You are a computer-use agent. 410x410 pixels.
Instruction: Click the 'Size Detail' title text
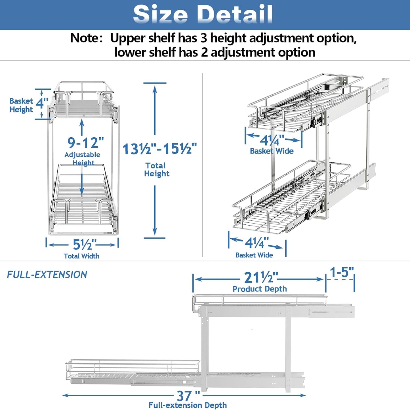click(x=203, y=14)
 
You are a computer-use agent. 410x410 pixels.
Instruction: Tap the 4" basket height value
click(x=42, y=103)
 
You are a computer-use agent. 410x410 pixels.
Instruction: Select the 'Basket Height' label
click(x=21, y=105)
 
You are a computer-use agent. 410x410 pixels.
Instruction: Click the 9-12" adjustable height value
click(x=85, y=142)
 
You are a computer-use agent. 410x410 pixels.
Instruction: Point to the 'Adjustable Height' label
click(x=82, y=159)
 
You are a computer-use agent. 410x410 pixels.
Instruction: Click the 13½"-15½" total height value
click(x=159, y=149)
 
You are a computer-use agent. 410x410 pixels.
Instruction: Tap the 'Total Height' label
click(x=156, y=169)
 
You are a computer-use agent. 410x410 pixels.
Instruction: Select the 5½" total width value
click(x=84, y=245)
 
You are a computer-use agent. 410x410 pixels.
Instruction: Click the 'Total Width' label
click(x=81, y=256)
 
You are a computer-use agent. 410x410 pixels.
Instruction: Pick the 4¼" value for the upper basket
click(x=272, y=140)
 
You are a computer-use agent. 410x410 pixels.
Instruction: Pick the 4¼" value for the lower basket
click(x=256, y=243)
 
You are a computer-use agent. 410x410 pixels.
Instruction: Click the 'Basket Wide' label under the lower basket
click(x=254, y=255)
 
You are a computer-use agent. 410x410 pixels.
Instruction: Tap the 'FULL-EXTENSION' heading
click(x=47, y=275)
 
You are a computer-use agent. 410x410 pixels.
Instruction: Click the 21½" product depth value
click(x=261, y=277)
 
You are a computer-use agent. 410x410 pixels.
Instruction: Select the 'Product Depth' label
click(x=260, y=289)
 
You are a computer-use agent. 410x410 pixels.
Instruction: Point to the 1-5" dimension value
click(x=342, y=272)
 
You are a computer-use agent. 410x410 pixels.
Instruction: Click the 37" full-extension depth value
click(x=188, y=395)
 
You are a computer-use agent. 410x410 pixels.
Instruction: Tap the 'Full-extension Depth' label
click(x=188, y=405)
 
